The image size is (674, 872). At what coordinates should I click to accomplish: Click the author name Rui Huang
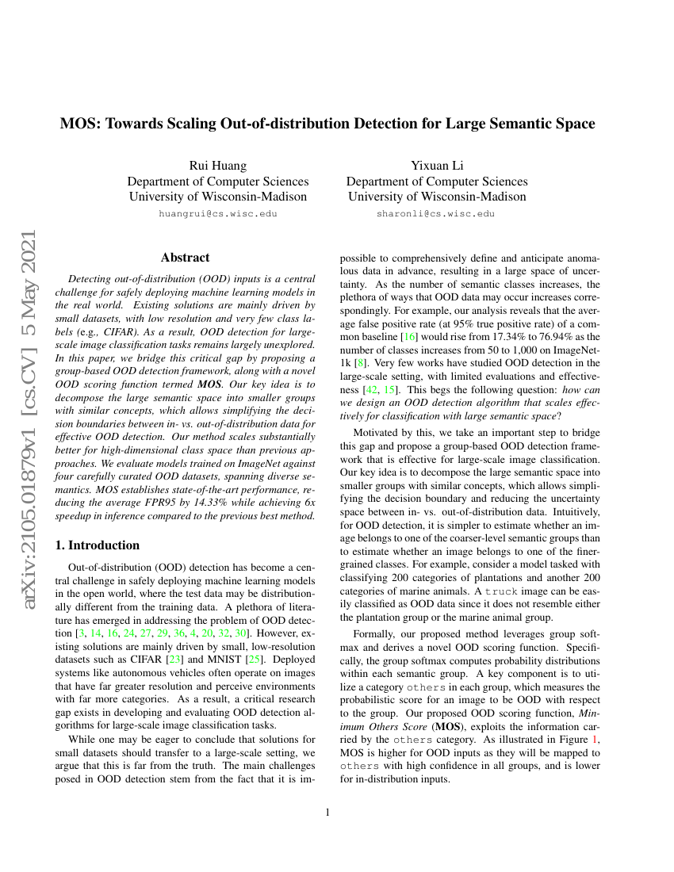(x=217, y=165)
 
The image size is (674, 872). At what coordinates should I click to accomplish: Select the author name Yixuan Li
(x=436, y=165)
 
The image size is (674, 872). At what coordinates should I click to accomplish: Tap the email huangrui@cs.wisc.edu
(x=217, y=213)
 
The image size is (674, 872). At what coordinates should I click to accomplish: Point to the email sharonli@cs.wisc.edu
(x=436, y=213)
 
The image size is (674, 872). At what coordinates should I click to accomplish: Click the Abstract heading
(x=185, y=258)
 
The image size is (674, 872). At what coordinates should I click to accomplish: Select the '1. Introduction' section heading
(x=100, y=545)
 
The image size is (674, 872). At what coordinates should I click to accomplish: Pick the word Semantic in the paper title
(x=518, y=124)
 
